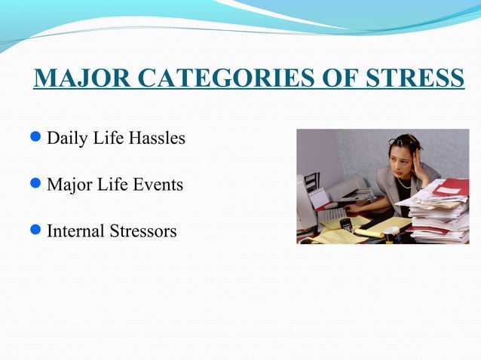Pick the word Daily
[x=65, y=140]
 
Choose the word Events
[x=158, y=185]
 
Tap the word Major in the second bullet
[x=68, y=185]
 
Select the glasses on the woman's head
[x=400, y=142]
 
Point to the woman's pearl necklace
[x=406, y=185]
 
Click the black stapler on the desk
[x=346, y=224]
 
